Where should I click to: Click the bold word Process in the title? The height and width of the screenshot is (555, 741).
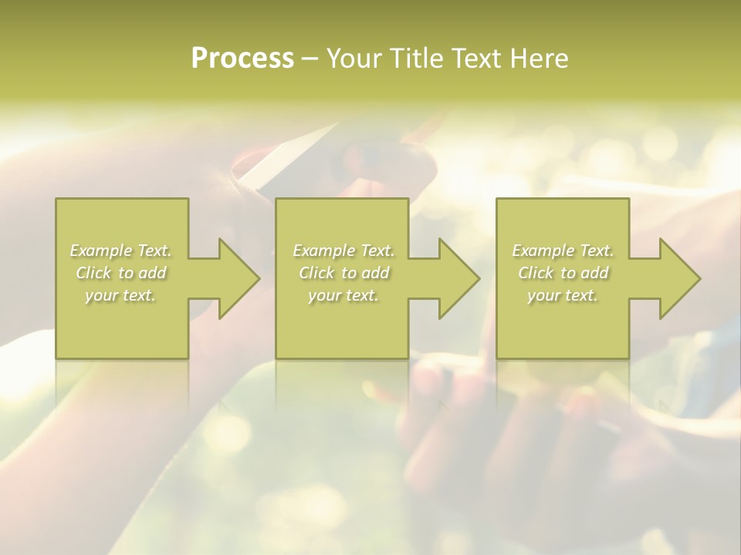click(x=242, y=59)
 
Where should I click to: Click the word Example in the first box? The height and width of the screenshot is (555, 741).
click(x=101, y=251)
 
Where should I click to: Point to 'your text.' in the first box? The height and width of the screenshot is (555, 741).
click(x=120, y=295)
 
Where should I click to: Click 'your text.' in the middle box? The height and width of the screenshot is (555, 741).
click(x=343, y=295)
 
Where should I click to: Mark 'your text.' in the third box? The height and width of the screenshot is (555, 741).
click(x=562, y=295)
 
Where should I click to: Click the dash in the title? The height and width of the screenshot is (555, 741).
click(x=310, y=59)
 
